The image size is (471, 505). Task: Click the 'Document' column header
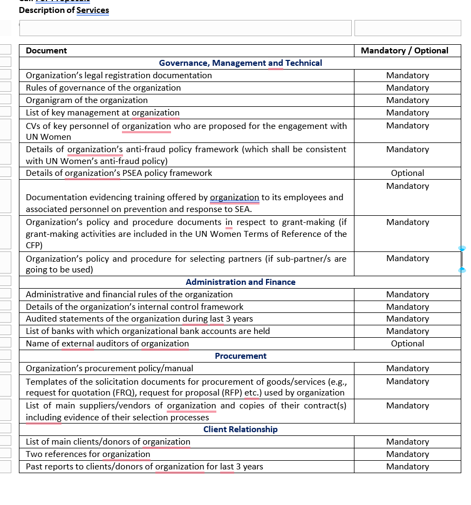tap(46, 51)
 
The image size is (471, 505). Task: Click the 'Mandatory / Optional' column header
tap(404, 51)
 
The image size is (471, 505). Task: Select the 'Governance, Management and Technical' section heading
tap(240, 63)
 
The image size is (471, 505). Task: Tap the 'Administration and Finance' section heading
tap(240, 282)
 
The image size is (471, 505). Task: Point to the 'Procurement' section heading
tap(241, 356)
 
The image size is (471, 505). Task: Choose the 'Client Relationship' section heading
tap(240, 429)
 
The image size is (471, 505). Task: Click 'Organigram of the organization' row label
tap(86, 100)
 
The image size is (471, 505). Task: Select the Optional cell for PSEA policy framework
tap(407, 173)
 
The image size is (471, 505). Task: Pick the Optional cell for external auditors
tap(407, 344)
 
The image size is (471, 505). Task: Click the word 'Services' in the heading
tap(93, 10)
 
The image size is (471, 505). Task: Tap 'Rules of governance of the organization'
tap(103, 88)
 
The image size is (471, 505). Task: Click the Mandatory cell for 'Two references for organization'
tap(407, 454)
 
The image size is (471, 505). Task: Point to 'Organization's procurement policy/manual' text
tap(110, 368)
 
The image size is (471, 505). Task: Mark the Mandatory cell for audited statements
tap(407, 319)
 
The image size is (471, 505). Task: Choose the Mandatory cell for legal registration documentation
tap(407, 76)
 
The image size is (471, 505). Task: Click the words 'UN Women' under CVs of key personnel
tap(49, 137)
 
